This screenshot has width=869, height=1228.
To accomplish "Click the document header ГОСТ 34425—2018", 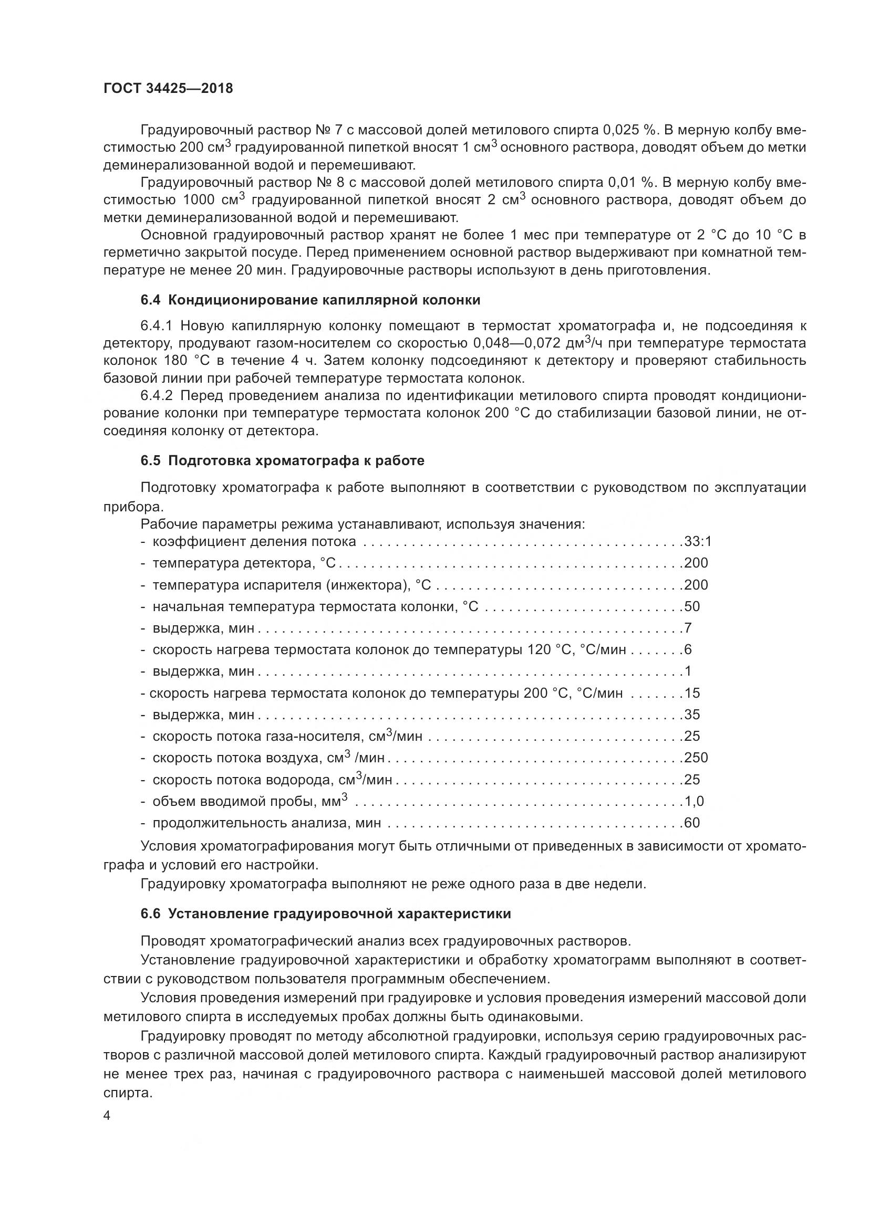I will pos(168,89).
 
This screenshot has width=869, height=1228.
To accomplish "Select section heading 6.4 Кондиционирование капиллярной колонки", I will pos(311,300).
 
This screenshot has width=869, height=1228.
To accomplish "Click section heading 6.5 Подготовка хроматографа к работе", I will pos(283,460).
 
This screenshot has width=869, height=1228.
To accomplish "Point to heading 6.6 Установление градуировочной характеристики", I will pos(325,914).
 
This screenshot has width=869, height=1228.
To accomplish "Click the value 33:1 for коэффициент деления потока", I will pos(698,541).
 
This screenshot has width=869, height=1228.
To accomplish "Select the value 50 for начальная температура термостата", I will pos(692,606).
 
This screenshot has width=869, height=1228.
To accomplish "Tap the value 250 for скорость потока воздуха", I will pos(696,758).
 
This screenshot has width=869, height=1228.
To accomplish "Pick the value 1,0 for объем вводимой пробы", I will pos(694,801).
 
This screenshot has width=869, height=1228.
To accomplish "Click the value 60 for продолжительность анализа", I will pos(692,823).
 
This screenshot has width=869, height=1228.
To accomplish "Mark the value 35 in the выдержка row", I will pos(692,715).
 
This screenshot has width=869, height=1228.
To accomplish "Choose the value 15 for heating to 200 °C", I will pos(692,693).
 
